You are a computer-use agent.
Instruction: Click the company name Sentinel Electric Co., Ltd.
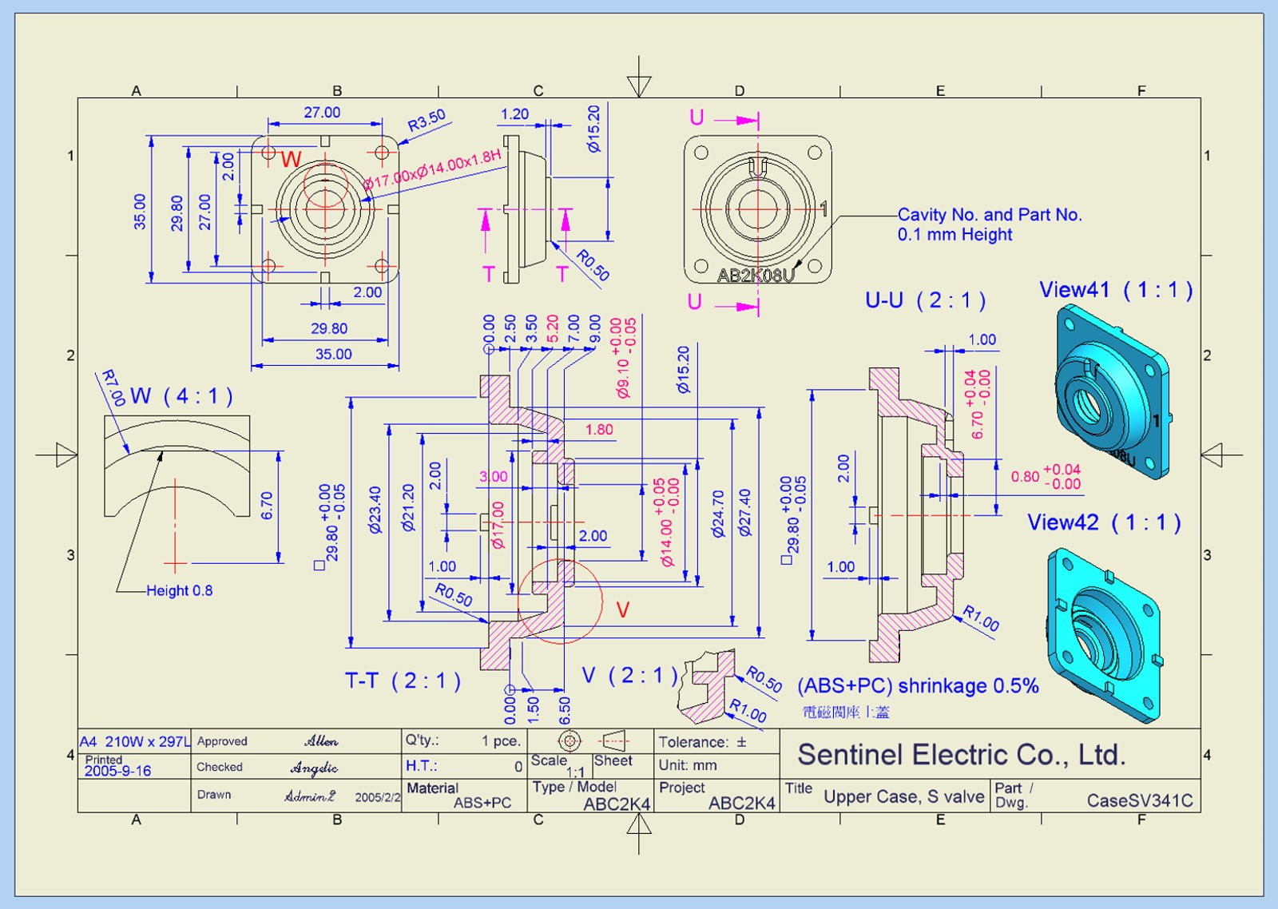[x=961, y=755]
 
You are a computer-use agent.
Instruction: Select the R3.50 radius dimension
[x=427, y=121]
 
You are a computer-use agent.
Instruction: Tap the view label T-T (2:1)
[x=403, y=681]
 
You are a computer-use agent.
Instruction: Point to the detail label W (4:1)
[x=181, y=395]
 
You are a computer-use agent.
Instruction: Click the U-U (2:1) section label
[x=925, y=300]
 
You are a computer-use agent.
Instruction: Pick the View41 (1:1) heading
[x=1115, y=290]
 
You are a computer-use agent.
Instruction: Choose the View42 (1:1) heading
[x=1103, y=522]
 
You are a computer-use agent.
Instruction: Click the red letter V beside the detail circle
[x=623, y=610]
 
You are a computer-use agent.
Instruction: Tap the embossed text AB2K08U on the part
[x=755, y=276]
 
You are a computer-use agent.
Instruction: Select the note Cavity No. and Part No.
[x=989, y=215]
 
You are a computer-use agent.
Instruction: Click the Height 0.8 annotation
[x=179, y=591]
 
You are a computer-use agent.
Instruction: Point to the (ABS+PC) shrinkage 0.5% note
[x=918, y=686]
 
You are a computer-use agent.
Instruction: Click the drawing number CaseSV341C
[x=1139, y=800]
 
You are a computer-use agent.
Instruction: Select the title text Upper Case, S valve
[x=903, y=796]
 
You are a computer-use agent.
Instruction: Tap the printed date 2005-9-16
[x=117, y=772]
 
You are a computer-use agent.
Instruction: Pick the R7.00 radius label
[x=113, y=387]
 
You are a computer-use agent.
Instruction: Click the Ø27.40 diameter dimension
[x=745, y=513]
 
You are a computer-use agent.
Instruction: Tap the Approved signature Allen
[x=321, y=741]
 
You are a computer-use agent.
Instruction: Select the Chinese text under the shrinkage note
[x=845, y=713]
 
